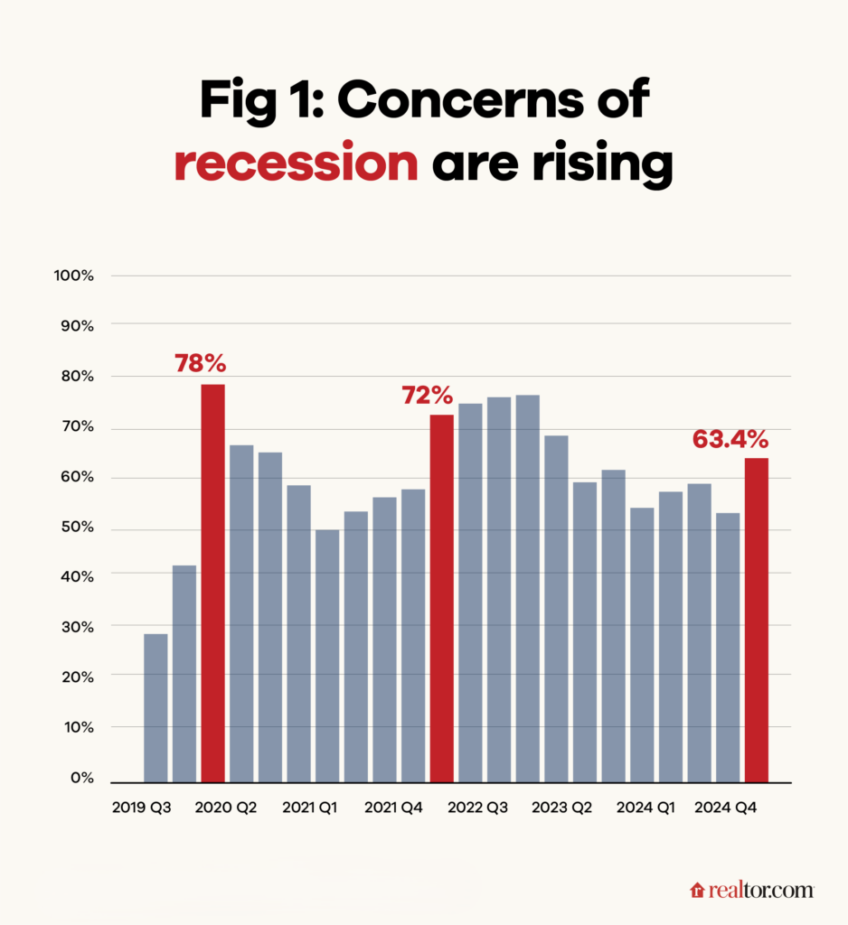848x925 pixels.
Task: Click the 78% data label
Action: tap(200, 364)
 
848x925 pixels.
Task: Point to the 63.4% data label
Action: tap(730, 439)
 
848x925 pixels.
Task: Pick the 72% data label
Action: tap(428, 395)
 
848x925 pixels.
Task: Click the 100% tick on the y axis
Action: tap(75, 276)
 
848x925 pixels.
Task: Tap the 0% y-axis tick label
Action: tap(81, 778)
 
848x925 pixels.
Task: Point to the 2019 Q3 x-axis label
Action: tap(141, 807)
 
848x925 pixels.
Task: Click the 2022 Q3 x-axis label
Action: tap(477, 807)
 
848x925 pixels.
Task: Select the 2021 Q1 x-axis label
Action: tap(309, 807)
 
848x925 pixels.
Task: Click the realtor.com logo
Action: tap(752, 890)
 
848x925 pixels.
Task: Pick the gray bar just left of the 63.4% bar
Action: tap(727, 647)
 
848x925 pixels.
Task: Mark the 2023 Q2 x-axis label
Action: tap(561, 807)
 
